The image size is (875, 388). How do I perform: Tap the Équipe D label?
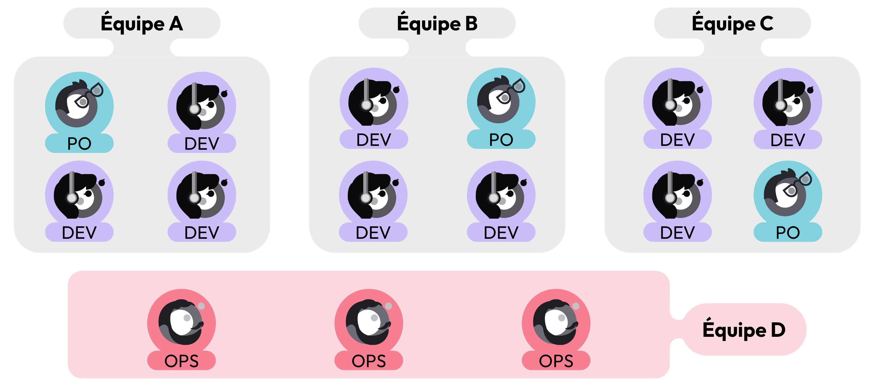(744, 330)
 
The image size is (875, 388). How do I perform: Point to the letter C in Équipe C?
(766, 24)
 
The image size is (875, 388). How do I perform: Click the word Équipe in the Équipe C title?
(723, 24)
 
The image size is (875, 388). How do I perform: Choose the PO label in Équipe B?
(501, 140)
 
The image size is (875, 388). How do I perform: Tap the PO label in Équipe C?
(788, 233)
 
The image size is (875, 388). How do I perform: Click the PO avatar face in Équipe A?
(77, 105)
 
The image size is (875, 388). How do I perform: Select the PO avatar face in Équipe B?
(499, 101)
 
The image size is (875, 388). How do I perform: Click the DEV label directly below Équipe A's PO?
(79, 233)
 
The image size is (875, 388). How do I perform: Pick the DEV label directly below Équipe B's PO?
(501, 233)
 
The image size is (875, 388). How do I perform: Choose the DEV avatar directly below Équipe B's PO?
(501, 196)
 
